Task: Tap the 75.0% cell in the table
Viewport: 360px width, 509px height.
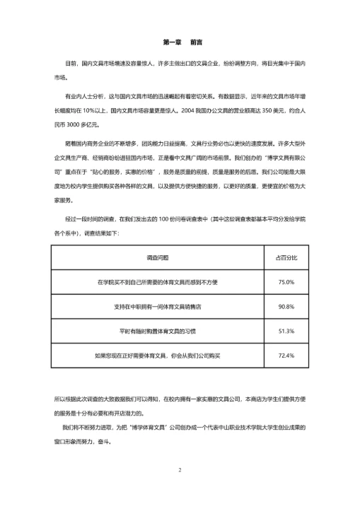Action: click(286, 282)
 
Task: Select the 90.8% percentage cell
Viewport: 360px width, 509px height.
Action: click(286, 306)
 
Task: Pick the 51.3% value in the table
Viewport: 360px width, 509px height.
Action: click(286, 331)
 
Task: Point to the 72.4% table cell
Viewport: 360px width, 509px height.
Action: click(286, 355)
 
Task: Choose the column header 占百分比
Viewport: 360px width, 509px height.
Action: click(286, 257)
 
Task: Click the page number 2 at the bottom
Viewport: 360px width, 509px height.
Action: click(180, 470)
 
